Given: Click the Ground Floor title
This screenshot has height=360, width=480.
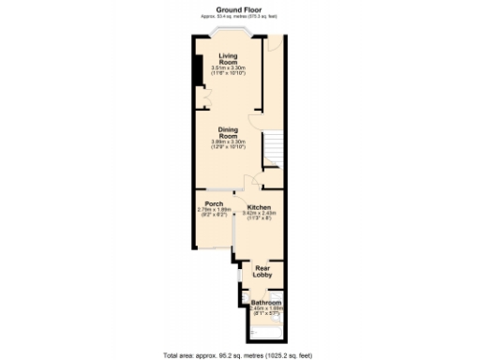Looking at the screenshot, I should click(239, 9).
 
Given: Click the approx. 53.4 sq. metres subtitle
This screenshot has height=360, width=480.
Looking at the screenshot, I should click(239, 16).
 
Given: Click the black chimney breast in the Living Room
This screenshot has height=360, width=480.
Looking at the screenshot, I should click(198, 71).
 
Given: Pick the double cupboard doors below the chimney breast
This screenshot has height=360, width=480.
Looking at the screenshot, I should click(199, 97).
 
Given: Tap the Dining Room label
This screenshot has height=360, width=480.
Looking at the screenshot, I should click(228, 133).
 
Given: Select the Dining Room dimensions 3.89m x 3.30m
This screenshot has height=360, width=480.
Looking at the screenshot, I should click(228, 144).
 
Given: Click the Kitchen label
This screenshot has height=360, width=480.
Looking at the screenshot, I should click(259, 207).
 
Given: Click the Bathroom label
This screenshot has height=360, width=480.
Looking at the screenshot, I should click(266, 304).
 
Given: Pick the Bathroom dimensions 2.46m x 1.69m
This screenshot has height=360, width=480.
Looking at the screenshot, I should click(266, 310).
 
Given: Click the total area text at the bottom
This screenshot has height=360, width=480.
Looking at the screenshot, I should click(239, 354).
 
